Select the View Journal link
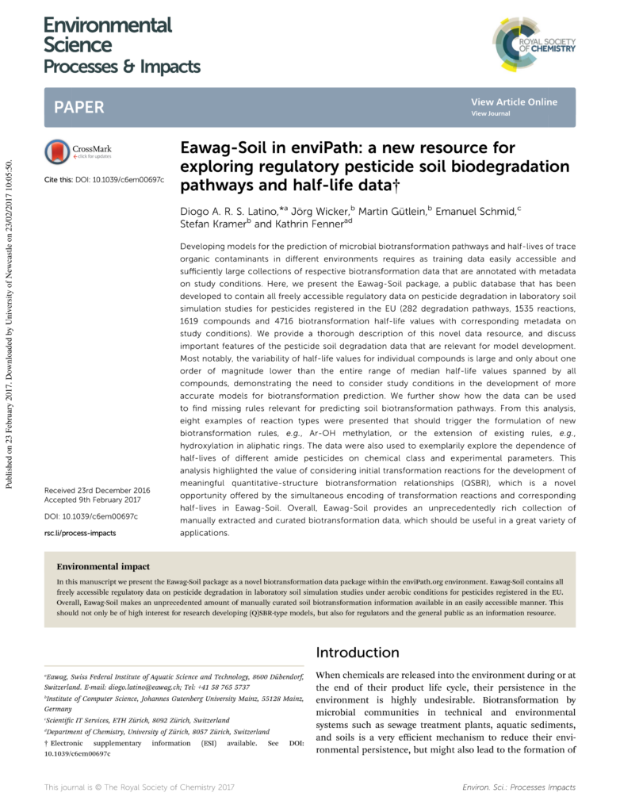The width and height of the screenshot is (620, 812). pyautogui.click(x=490, y=113)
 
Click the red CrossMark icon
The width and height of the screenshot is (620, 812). pyautogui.click(x=58, y=151)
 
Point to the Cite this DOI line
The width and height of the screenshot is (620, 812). pyautogui.click(x=104, y=180)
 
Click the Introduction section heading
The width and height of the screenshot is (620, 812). pyautogui.click(x=358, y=653)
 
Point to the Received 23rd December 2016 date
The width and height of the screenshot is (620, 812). pyautogui.click(x=97, y=491)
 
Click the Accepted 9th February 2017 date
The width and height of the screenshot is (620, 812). pyautogui.click(x=92, y=500)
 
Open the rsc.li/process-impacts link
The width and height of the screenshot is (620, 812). pyautogui.click(x=79, y=533)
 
